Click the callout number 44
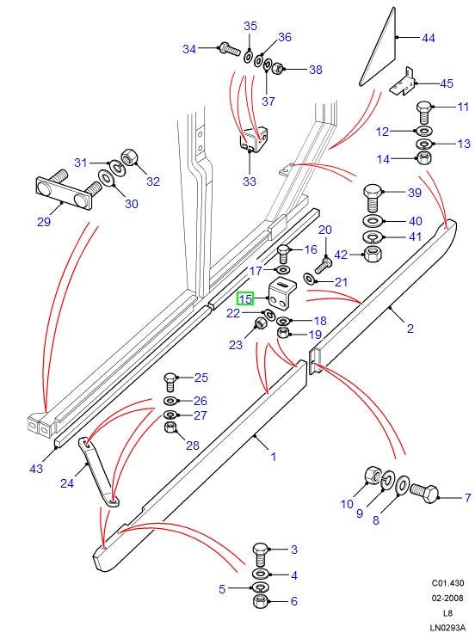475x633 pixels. click(x=428, y=38)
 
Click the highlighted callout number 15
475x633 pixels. click(x=245, y=299)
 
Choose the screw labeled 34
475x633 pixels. click(x=225, y=48)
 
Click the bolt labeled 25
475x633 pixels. click(x=170, y=380)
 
